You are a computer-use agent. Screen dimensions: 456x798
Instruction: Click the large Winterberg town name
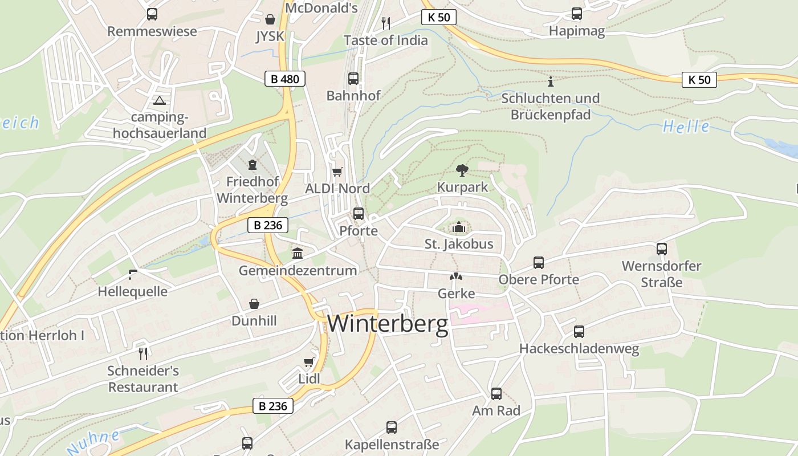pos(388,324)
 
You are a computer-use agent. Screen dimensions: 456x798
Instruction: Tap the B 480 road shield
pos(285,79)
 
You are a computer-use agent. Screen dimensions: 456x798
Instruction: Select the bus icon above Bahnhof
pos(353,79)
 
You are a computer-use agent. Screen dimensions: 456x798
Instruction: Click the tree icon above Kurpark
pos(462,169)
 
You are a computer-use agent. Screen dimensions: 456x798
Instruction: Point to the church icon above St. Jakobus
pos(459,227)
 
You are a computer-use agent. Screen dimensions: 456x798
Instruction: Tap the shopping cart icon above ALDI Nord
pos(337,171)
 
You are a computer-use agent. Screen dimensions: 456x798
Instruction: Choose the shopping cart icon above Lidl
pos(309,362)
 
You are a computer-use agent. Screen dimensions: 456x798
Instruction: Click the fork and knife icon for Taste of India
pos(386,23)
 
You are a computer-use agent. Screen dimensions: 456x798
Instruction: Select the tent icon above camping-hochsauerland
pos(159,101)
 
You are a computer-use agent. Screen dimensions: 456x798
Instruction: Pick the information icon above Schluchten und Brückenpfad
pos(550,81)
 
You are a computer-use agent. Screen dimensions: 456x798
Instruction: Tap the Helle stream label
pos(686,127)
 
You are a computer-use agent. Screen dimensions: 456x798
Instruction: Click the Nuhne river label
pos(94,442)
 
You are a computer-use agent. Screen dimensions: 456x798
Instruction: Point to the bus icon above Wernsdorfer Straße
pos(662,249)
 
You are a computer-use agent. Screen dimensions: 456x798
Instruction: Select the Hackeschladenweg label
pos(579,348)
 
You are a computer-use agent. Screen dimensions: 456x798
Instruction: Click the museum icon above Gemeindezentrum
pos(298,253)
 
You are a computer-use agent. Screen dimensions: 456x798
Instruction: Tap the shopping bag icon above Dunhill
pos(254,304)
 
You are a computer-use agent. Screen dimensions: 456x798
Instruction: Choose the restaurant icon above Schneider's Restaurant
pos(143,353)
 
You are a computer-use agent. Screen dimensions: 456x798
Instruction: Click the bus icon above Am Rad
pos(496,393)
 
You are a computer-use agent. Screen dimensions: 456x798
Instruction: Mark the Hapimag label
pos(576,31)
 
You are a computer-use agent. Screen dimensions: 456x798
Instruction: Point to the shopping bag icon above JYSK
pos(270,19)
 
